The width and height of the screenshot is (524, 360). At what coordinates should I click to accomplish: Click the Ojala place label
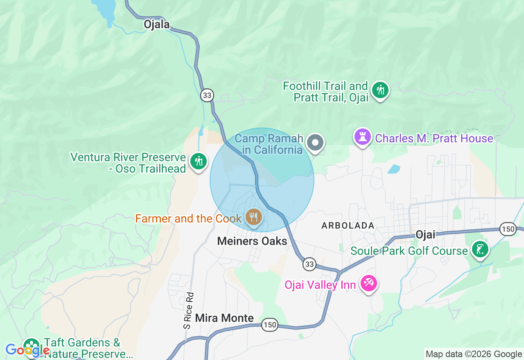pyautogui.click(x=156, y=25)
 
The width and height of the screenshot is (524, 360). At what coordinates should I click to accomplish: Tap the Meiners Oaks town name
pyautogui.click(x=252, y=241)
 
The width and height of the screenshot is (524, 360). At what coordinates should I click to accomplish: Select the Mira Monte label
pyautogui.click(x=224, y=318)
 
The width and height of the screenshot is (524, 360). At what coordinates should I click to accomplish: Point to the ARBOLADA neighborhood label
pyautogui.click(x=348, y=225)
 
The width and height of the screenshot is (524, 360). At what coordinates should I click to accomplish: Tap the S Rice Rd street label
pyautogui.click(x=188, y=310)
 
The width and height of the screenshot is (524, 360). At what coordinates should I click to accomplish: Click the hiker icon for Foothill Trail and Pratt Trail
pyautogui.click(x=380, y=90)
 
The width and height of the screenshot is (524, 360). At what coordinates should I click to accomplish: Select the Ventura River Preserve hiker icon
pyautogui.click(x=199, y=161)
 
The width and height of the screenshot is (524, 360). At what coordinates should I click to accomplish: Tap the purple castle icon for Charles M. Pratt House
pyautogui.click(x=362, y=137)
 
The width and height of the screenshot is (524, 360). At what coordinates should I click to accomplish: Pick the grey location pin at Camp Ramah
pyautogui.click(x=315, y=143)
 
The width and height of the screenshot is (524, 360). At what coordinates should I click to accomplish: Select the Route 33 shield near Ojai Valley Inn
pyautogui.click(x=309, y=264)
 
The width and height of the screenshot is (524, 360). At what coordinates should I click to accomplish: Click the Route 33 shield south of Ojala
pyautogui.click(x=207, y=95)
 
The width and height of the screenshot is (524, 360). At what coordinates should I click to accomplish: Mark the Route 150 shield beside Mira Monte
pyautogui.click(x=270, y=325)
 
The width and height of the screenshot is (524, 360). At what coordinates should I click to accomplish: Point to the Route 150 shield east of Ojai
pyautogui.click(x=508, y=229)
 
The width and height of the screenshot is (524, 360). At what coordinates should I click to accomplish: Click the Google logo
pyautogui.click(x=27, y=350)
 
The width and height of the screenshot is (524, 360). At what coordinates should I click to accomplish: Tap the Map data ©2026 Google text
pyautogui.click(x=474, y=354)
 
